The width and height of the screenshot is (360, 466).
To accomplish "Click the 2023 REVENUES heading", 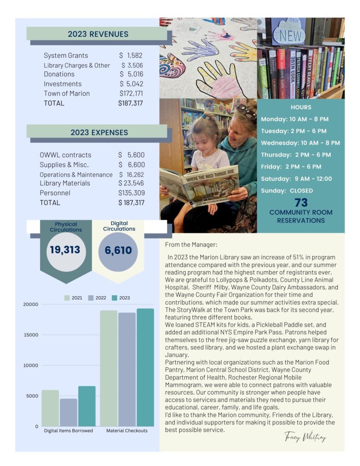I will click(98, 34).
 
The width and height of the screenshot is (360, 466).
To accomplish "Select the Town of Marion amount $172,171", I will click(130, 93).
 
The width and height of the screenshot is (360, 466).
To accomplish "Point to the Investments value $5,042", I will click(131, 84).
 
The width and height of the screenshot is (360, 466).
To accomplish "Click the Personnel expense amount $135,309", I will click(131, 193).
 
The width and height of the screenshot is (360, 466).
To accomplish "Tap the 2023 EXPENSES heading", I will click(99, 132).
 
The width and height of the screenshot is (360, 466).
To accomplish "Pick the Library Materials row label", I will click(65, 183).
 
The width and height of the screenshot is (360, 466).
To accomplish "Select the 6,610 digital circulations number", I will click(118, 250).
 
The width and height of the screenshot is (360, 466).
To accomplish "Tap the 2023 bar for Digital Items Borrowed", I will click(87, 406).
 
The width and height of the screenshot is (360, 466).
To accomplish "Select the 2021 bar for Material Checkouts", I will click(108, 368).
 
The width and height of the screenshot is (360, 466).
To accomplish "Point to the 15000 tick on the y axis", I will click(30, 335).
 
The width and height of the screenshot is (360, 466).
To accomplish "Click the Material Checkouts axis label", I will click(127, 431).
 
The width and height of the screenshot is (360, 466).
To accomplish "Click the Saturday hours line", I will click(296, 179).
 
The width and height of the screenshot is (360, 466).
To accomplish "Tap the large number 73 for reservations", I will click(301, 203).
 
